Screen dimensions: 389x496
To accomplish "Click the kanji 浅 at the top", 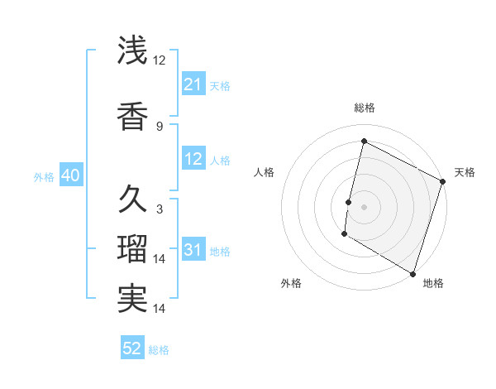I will (132, 51).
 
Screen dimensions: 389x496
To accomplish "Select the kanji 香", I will (132, 116).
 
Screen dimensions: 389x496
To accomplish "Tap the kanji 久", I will (132, 199).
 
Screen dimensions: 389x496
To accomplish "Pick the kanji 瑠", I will (132, 249).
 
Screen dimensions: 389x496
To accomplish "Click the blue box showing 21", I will (193, 84).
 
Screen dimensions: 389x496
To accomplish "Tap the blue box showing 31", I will (193, 250).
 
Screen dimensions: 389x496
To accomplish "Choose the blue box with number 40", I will (69, 175).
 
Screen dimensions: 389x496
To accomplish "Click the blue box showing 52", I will (131, 348).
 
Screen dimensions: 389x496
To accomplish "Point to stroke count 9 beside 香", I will (159, 126).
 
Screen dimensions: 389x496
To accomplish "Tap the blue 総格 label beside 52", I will (159, 349).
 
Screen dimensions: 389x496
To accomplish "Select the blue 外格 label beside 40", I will (44, 176).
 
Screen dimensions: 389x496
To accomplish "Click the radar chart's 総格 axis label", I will (364, 108).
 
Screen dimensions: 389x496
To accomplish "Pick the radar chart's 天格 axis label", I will (465, 172).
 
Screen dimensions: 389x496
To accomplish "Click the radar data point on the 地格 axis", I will (413, 273).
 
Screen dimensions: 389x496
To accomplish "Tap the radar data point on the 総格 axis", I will (364, 142).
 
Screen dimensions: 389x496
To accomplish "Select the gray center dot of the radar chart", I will (364, 206).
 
